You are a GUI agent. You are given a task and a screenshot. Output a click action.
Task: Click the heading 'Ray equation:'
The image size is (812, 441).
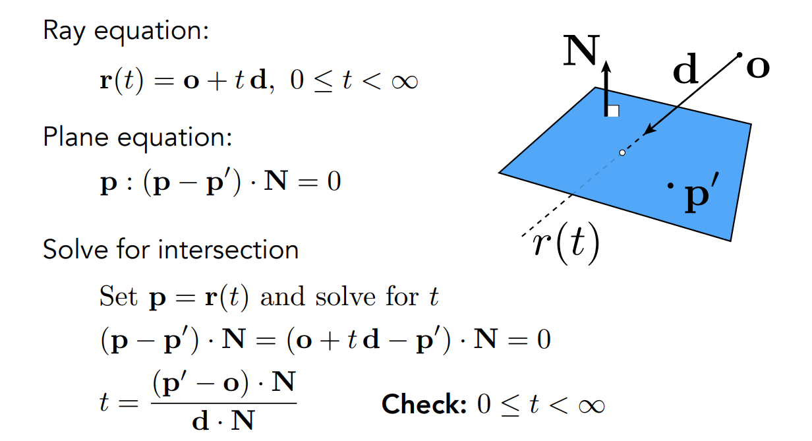pos(126,30)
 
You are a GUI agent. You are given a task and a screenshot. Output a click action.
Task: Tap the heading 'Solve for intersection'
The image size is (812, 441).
pos(171,250)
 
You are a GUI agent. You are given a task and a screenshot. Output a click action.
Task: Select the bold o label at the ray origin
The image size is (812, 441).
pos(758,67)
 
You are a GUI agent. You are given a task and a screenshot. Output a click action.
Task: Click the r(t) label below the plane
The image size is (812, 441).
pos(565,244)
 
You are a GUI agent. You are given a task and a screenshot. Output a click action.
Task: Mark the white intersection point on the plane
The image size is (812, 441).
pos(622,153)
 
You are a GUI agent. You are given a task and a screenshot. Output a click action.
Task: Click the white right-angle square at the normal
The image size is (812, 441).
pos(613,111)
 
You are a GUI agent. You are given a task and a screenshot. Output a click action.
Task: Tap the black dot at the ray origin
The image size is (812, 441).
pos(739,54)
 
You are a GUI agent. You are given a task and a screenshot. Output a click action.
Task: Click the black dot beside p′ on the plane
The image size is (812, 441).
pos(671,187)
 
